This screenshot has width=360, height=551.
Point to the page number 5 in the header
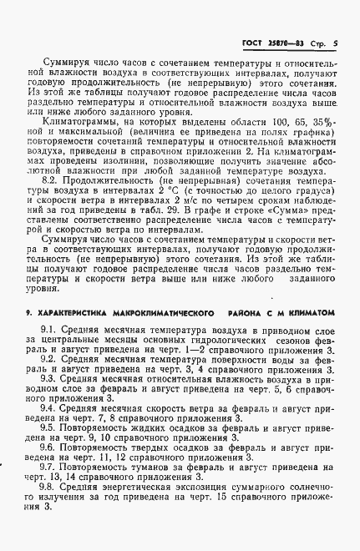pos(334,43)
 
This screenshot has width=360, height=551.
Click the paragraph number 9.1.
pos(51,331)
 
